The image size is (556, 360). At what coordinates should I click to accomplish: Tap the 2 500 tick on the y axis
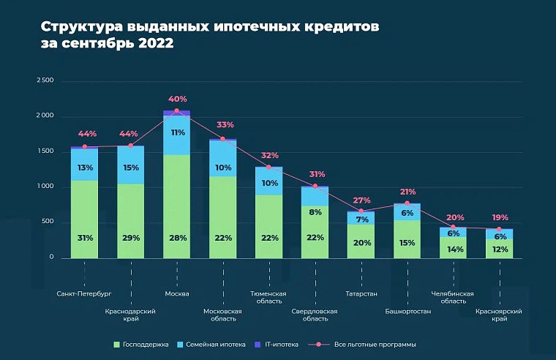[x=44, y=80]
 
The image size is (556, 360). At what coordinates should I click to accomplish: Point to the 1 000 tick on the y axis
[x=44, y=187]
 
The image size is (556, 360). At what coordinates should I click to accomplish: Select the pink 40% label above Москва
[x=177, y=99]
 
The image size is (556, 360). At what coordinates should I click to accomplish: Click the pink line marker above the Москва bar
[x=176, y=110]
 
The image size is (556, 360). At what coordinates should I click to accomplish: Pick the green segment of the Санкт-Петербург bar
[x=85, y=220]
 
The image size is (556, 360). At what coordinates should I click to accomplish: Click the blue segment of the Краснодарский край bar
[x=131, y=166]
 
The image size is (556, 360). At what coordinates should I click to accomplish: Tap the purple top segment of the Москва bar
[x=176, y=113]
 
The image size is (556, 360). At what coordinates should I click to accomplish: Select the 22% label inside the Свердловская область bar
[x=315, y=238]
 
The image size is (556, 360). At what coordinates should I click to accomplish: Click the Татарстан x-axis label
[x=361, y=293]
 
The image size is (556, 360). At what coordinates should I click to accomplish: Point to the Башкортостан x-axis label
[x=407, y=311]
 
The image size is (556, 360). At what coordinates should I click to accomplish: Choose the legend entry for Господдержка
[x=140, y=344]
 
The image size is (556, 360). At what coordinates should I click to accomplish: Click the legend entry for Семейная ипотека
[x=212, y=344]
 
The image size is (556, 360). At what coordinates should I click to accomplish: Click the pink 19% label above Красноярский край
[x=500, y=218]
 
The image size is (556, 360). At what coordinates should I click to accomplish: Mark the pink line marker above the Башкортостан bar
[x=407, y=203]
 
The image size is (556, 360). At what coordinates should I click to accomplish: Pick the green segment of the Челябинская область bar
[x=454, y=248]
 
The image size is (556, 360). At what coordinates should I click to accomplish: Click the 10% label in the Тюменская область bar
[x=269, y=183]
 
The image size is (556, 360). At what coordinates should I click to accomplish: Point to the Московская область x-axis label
[x=222, y=315]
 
